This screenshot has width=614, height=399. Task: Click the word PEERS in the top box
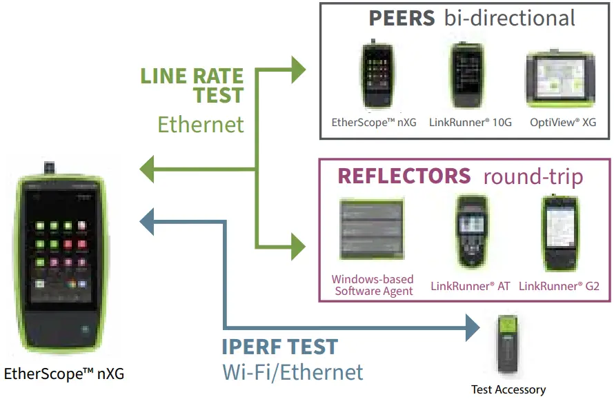pos(402,18)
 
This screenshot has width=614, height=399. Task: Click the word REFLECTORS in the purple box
pos(404,176)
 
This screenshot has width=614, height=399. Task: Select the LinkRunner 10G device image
pos(469,76)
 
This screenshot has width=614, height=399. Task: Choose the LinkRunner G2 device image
pos(559,233)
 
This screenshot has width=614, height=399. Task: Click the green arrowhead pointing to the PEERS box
pos(297,68)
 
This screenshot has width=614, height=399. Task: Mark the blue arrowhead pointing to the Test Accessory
pos(473,327)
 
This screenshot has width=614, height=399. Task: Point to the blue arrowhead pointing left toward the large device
pos(147,221)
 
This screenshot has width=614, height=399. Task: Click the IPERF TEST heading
pos(279,346)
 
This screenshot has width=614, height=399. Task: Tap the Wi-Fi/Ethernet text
pos(293,372)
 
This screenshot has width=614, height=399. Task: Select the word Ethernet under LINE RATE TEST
pos(201,124)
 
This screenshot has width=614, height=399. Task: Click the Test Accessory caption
pos(508,389)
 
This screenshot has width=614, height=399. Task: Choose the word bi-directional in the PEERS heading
pos(509,18)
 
